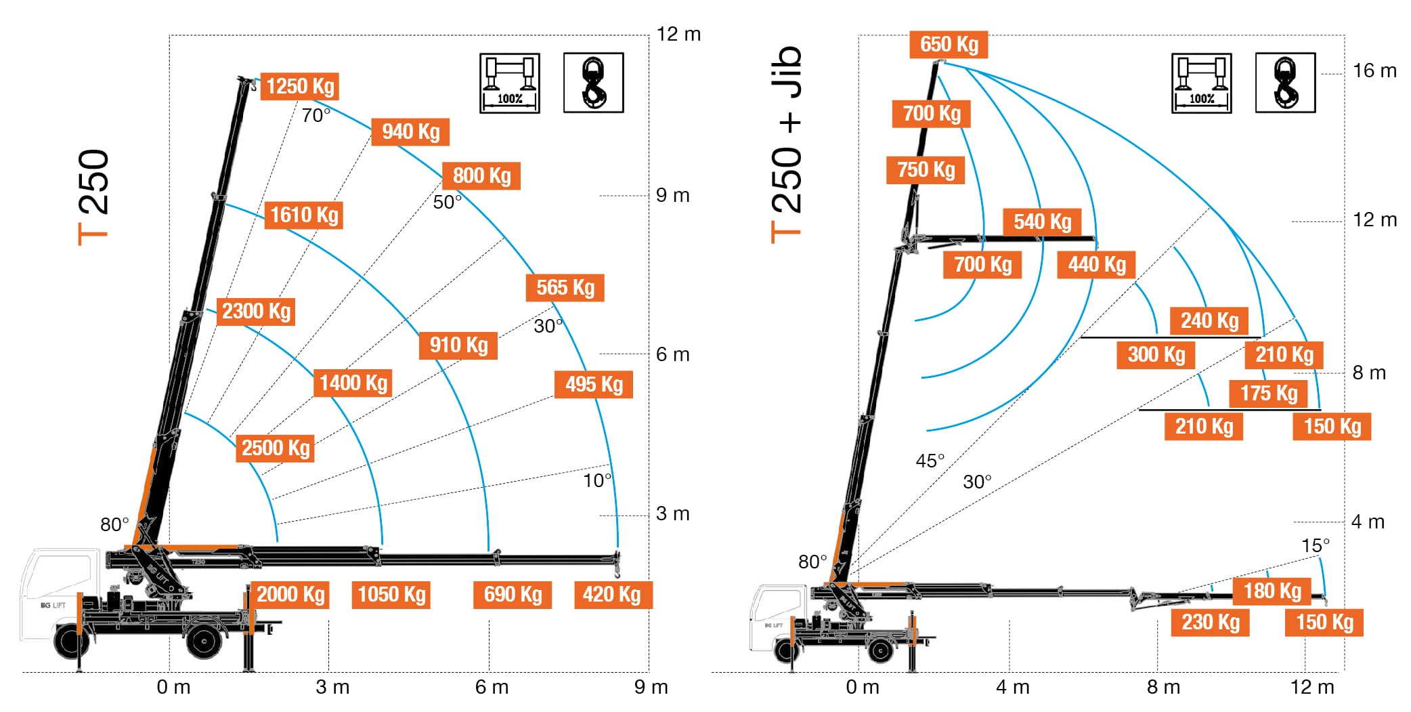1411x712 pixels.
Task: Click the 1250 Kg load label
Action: point(300,87)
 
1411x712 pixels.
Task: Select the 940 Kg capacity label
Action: point(410,131)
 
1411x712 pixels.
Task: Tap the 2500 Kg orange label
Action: point(276,448)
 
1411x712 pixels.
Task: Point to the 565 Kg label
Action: point(565,288)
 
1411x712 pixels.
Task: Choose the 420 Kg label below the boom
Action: point(612,595)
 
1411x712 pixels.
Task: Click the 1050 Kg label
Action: point(391,595)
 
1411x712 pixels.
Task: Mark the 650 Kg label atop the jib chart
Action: point(949,45)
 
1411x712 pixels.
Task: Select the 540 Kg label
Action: point(1042,222)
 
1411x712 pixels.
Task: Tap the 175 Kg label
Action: point(1268,394)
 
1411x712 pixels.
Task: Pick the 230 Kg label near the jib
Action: point(1211,623)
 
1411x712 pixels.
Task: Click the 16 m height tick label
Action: point(1374,71)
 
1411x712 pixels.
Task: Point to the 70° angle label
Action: point(316,116)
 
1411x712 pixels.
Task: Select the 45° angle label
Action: point(930,461)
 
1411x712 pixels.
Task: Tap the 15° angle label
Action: point(1315,546)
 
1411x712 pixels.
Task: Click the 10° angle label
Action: point(597,481)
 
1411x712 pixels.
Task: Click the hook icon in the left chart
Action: point(594,83)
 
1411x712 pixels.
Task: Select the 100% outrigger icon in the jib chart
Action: point(1202,83)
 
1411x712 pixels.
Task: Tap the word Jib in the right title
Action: point(787,71)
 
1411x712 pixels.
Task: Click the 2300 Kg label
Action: point(256,312)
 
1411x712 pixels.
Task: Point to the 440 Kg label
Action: point(1097,265)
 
